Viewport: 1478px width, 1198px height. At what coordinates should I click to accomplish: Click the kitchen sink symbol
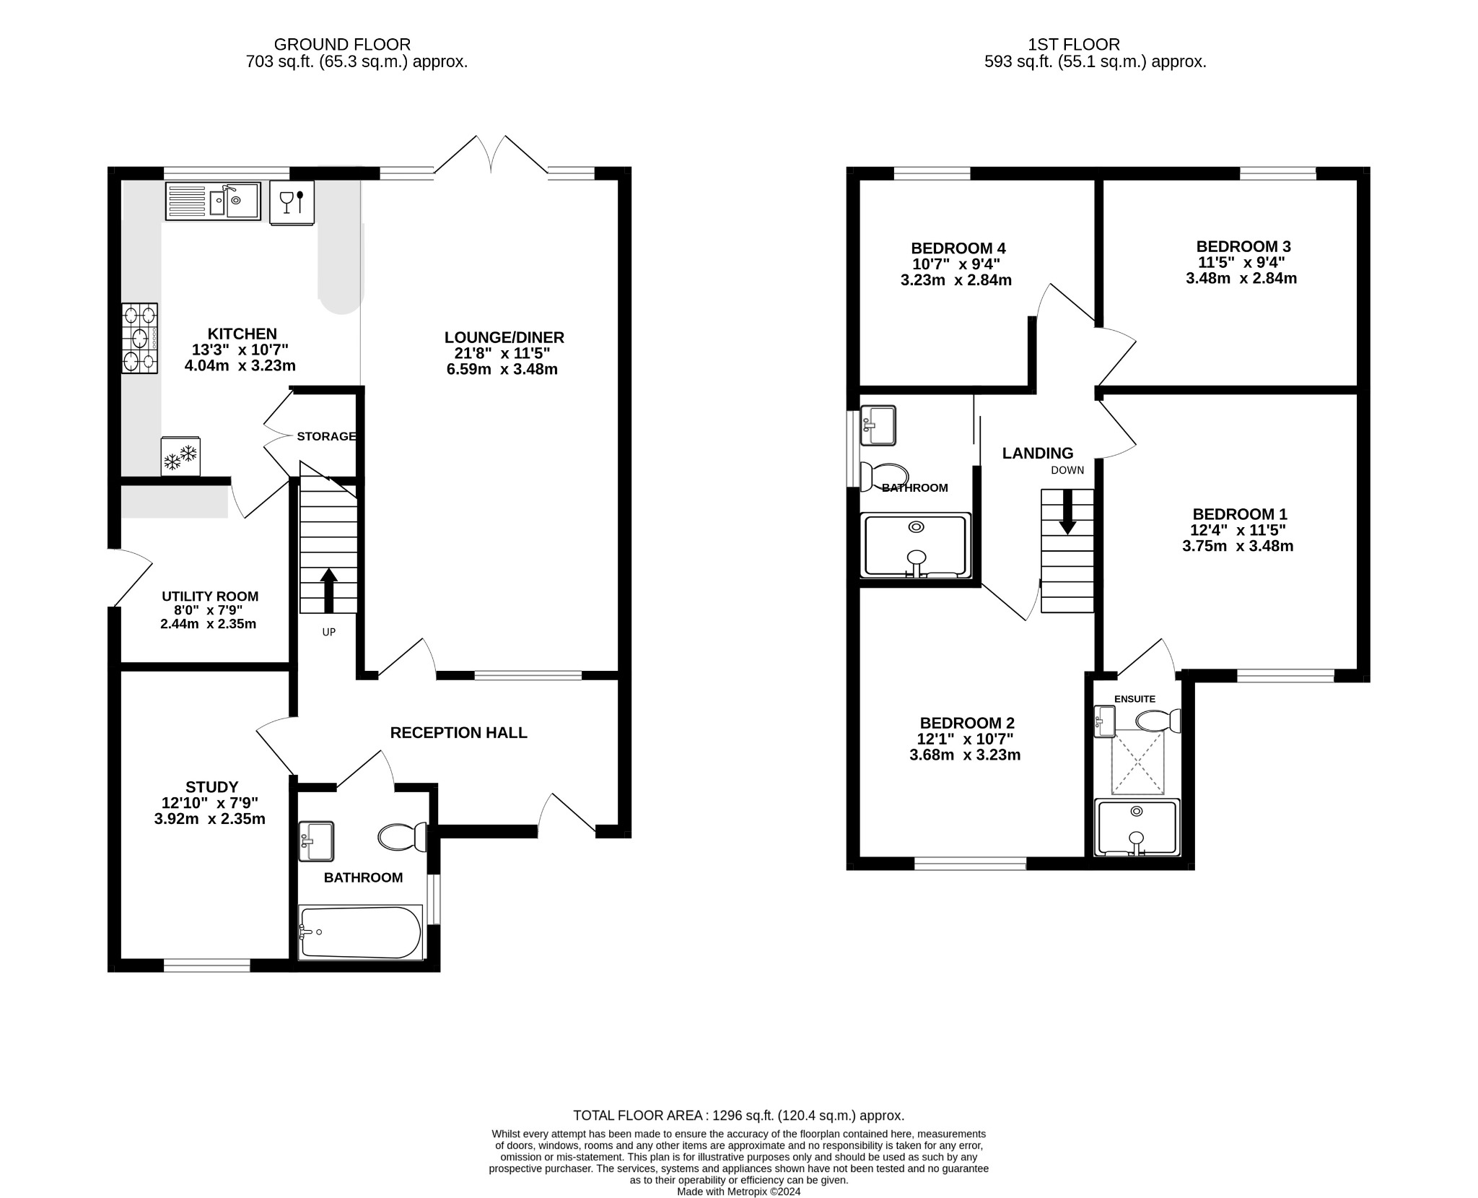coord(213,201)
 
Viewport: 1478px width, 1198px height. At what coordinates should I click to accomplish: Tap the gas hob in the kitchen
coord(140,338)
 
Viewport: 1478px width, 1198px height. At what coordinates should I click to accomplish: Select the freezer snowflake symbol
coord(180,457)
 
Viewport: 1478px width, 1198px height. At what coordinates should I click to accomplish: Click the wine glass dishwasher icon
coord(292,201)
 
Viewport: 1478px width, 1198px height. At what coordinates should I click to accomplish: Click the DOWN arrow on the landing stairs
coord(1067,511)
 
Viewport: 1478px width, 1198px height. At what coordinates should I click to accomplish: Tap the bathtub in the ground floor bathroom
coord(360,932)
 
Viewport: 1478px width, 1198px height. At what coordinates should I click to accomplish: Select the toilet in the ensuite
coord(1158,721)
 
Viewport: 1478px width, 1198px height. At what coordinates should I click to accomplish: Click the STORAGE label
coord(326,436)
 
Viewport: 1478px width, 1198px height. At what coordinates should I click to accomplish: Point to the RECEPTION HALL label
coord(458,733)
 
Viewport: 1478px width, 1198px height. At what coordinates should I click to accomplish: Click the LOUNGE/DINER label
coord(504,337)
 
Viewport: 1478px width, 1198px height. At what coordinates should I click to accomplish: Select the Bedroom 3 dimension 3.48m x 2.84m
coord(1241,279)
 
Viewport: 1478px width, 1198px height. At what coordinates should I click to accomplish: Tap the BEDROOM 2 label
coord(967,723)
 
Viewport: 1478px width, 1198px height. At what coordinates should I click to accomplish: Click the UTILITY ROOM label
coord(210,596)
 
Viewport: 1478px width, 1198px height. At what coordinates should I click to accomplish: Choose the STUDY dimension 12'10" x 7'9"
coord(210,803)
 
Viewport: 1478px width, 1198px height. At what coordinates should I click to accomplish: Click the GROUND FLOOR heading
coord(342,45)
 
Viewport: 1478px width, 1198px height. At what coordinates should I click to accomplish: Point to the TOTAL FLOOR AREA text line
coord(738,1116)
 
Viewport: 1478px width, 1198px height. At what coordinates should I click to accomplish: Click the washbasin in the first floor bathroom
coord(878,425)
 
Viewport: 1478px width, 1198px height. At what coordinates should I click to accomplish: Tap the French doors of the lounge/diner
coord(491,155)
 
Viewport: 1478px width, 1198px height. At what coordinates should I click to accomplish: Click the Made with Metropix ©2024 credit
coord(738,1192)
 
